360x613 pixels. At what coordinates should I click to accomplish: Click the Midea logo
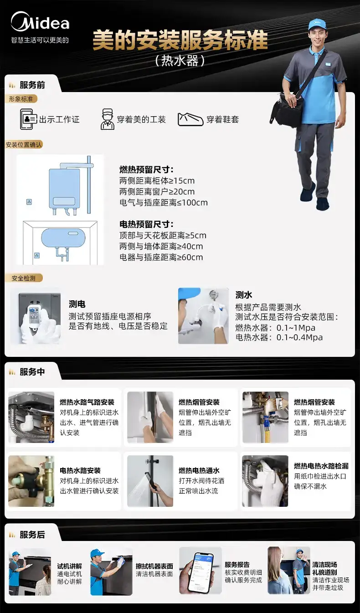click(40, 21)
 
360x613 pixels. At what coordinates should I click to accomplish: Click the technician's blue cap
click(317, 25)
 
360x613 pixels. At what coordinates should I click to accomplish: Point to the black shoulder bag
click(287, 108)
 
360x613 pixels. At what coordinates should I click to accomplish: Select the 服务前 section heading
click(32, 85)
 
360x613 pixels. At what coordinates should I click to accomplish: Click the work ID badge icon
click(28, 119)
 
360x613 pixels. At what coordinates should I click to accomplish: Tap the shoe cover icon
click(190, 119)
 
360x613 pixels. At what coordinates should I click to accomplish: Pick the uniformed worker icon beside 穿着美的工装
click(107, 119)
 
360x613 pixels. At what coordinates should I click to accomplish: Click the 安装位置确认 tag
click(24, 144)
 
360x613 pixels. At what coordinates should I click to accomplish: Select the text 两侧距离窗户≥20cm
click(157, 191)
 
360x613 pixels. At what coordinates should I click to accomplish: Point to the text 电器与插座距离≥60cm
click(161, 257)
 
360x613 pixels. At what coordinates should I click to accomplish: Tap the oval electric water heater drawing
click(63, 237)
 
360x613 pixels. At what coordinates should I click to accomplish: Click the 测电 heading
click(77, 304)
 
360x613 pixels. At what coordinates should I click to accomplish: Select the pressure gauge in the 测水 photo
click(212, 295)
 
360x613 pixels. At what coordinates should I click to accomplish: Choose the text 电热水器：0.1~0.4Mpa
click(279, 337)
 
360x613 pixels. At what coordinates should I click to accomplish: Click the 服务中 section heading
click(32, 371)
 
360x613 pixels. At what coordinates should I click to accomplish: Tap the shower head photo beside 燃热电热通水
click(150, 481)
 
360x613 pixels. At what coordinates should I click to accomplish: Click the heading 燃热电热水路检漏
click(321, 466)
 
